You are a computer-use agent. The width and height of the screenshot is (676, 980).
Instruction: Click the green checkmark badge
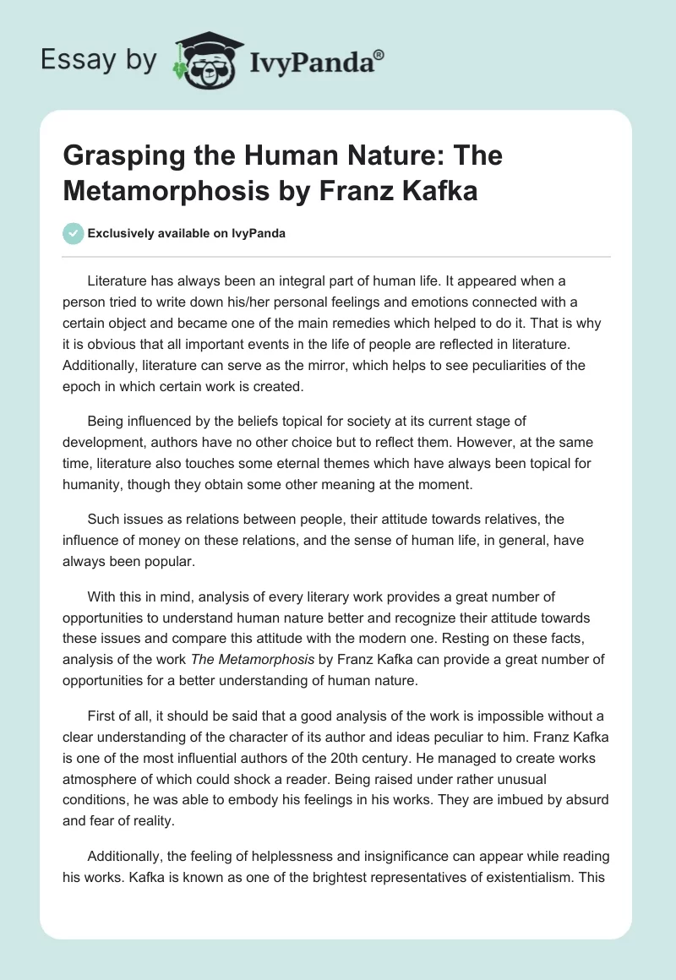[x=73, y=234]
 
